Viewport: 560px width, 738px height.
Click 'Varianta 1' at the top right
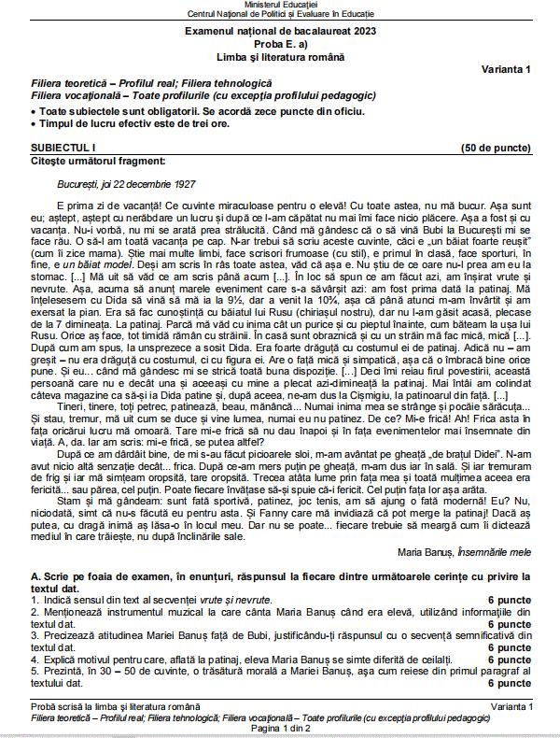(506, 71)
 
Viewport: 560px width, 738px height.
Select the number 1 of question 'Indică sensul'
(33, 598)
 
